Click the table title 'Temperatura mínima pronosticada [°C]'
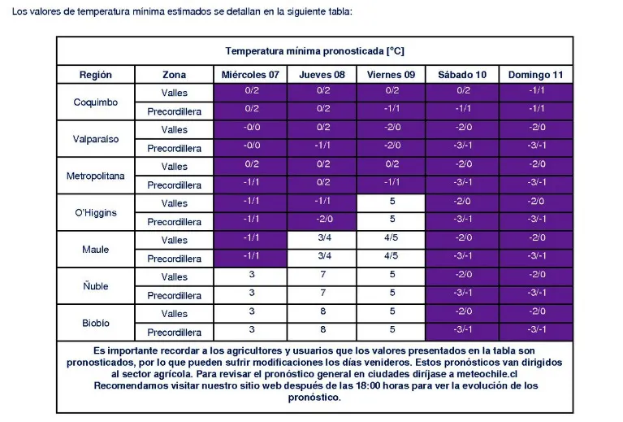tap(314, 50)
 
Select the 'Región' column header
tap(96, 75)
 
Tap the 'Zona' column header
tap(174, 75)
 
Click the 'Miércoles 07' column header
tap(251, 75)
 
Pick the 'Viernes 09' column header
tap(392, 75)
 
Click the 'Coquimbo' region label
tap(96, 102)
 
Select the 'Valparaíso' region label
tap(96, 139)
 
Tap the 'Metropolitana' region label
tap(96, 176)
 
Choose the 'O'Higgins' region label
tap(96, 213)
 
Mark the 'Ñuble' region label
tap(96, 286)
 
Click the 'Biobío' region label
tap(96, 323)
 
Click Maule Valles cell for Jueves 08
tap(322, 239)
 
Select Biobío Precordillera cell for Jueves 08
tap(322, 330)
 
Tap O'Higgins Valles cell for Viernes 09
tap(392, 202)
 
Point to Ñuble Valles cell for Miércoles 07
tap(251, 276)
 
